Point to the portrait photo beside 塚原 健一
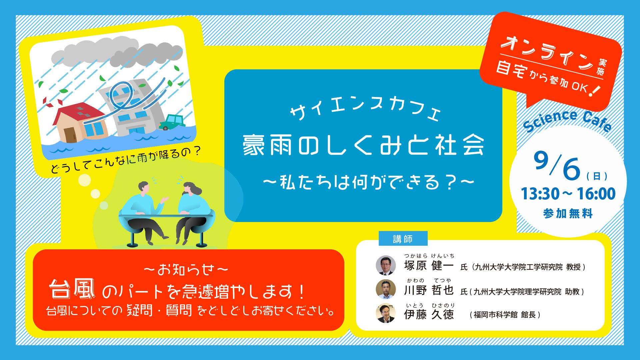point(386,265)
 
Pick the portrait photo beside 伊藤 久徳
point(386,314)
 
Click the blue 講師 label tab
point(403,239)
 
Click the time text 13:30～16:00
point(568,194)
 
